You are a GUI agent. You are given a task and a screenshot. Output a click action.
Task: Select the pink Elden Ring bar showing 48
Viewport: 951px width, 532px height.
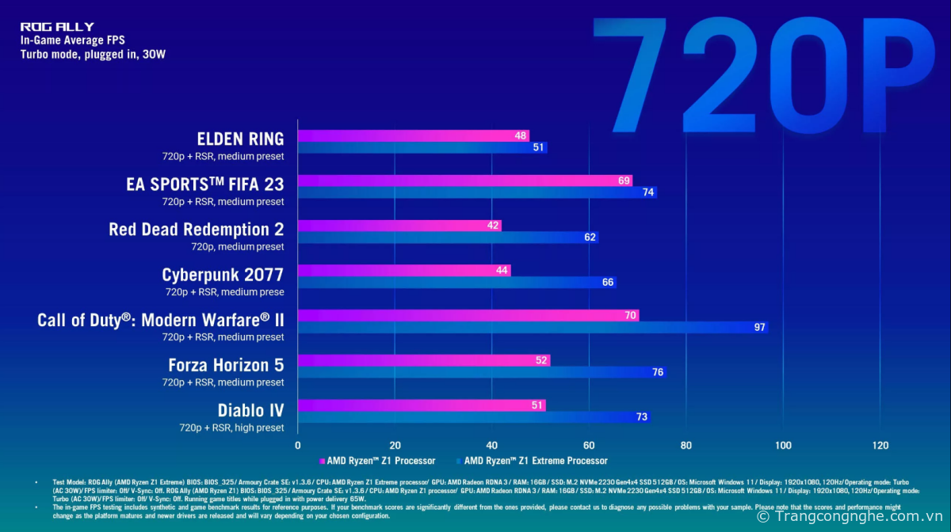(x=413, y=135)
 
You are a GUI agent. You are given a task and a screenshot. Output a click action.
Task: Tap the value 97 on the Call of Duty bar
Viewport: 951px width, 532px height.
(x=759, y=327)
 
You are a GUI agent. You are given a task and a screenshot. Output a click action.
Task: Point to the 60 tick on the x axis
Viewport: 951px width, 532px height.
(x=589, y=446)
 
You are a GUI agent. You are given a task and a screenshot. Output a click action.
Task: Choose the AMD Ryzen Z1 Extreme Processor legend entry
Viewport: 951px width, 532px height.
(x=532, y=461)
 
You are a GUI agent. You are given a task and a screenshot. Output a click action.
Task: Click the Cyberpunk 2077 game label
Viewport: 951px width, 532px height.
(x=223, y=275)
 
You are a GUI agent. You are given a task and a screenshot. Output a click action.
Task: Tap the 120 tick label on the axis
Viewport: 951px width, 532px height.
(x=880, y=446)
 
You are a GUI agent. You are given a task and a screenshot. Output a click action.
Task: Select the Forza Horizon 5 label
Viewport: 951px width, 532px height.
(x=226, y=365)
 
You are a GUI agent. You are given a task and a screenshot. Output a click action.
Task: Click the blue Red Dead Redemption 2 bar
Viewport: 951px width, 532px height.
(x=448, y=237)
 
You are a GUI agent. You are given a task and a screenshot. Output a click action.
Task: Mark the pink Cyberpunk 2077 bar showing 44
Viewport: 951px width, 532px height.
(x=403, y=271)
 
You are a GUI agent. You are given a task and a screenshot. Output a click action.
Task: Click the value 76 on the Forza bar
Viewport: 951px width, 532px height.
(x=657, y=372)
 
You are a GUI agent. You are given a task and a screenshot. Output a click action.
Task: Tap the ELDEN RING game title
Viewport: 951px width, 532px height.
(x=241, y=139)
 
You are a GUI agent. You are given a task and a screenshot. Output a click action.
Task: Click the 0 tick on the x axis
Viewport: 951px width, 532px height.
(x=298, y=446)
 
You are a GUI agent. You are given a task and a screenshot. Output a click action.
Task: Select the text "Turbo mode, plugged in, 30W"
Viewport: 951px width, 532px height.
(x=93, y=55)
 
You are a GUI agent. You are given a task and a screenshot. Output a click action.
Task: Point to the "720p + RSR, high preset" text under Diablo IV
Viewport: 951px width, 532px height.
(x=231, y=427)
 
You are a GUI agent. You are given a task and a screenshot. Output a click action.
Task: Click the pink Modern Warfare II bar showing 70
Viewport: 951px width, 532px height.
(x=468, y=315)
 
